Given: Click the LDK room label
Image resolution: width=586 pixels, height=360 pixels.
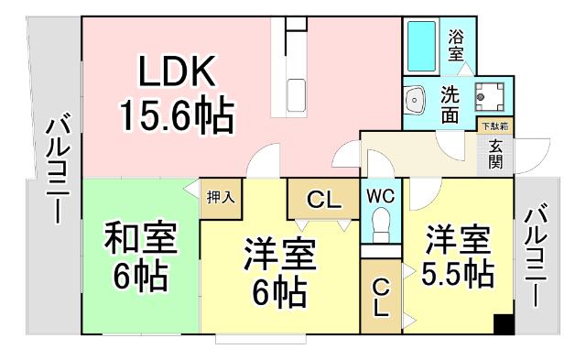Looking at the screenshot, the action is [176, 71].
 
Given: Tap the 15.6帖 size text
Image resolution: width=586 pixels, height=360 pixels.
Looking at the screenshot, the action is [176, 115].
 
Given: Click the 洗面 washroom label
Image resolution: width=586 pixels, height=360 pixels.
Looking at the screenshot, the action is [451, 104].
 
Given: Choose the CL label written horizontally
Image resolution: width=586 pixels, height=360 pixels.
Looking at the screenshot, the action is [320, 200].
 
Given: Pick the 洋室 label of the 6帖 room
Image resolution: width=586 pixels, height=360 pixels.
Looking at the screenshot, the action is [279, 252].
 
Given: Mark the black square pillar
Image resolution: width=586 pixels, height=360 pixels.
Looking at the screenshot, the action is [503, 323].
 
